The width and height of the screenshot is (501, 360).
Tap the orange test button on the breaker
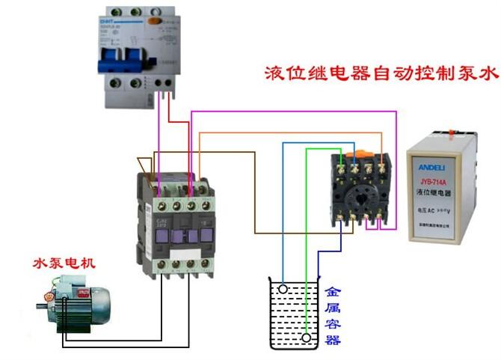[x=156, y=22]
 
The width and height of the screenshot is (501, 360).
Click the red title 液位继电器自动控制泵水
[x=381, y=74]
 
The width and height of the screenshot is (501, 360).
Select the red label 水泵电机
[x=64, y=263]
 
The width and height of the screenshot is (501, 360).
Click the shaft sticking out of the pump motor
[x=41, y=305]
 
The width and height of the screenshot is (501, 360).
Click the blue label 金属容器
[x=333, y=314]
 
